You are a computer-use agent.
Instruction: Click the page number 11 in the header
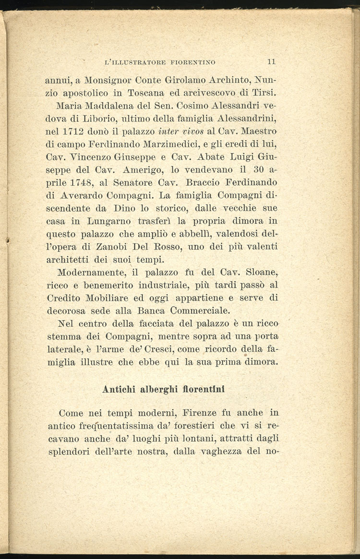point(271,61)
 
